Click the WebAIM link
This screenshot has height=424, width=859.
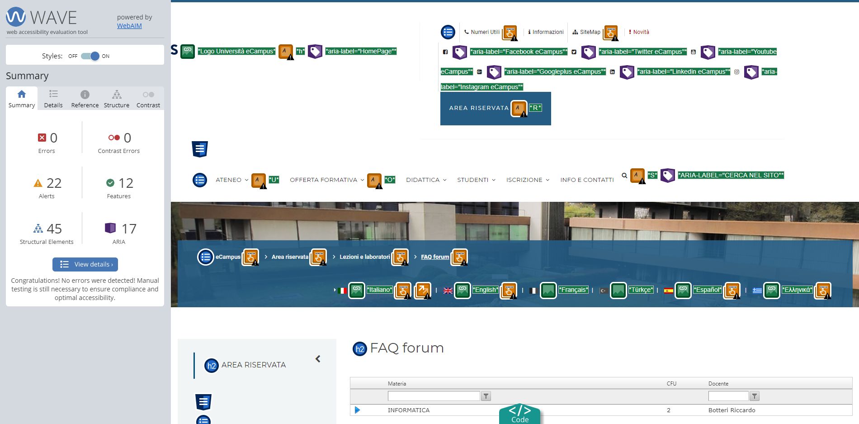(x=129, y=26)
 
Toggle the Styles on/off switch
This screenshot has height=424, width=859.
(x=90, y=56)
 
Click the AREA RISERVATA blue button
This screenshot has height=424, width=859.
(x=496, y=109)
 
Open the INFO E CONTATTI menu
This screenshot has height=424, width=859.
(x=587, y=180)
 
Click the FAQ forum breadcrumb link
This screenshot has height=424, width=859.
(x=435, y=257)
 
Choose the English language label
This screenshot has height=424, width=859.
(x=486, y=290)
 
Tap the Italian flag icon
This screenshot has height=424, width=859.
(x=342, y=291)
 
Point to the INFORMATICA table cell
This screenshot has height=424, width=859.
(x=408, y=410)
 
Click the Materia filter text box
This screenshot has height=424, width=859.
(x=434, y=396)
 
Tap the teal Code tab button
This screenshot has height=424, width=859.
(x=520, y=414)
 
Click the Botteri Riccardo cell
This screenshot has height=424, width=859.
(x=732, y=410)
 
